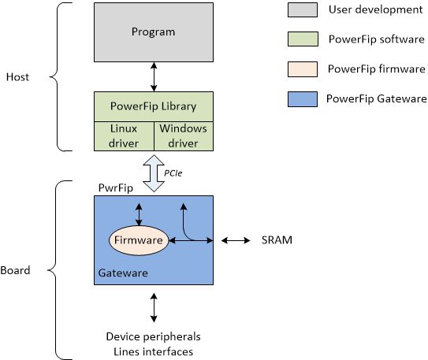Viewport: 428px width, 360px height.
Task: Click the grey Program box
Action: [x=154, y=32]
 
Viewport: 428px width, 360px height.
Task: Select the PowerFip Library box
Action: [x=154, y=106]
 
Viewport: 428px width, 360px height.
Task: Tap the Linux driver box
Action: [x=124, y=136]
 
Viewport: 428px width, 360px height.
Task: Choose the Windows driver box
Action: [x=184, y=136]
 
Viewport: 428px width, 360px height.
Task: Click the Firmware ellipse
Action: [x=139, y=240]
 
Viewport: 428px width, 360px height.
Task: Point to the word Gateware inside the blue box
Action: [x=123, y=273]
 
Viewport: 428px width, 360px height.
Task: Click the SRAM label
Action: [x=277, y=240]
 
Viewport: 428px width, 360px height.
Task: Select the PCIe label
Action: [x=173, y=173]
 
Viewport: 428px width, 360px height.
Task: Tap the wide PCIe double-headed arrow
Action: [x=154, y=173]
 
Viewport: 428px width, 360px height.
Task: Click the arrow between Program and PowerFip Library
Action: [x=154, y=77]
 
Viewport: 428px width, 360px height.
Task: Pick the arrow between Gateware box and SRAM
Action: [x=236, y=240]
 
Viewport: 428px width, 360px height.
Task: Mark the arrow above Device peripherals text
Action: [x=154, y=308]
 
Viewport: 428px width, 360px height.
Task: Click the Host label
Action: [x=17, y=77]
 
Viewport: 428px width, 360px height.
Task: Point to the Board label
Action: [x=15, y=270]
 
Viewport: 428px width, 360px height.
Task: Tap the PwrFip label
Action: [x=116, y=188]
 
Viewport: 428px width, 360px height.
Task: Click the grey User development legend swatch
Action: [x=303, y=9]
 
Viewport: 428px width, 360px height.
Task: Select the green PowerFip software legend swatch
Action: [x=303, y=39]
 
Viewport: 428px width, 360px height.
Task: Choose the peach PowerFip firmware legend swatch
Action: [x=303, y=69]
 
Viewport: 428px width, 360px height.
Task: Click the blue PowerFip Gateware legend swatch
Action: [x=303, y=99]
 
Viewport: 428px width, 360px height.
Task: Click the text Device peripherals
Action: [x=154, y=337]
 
